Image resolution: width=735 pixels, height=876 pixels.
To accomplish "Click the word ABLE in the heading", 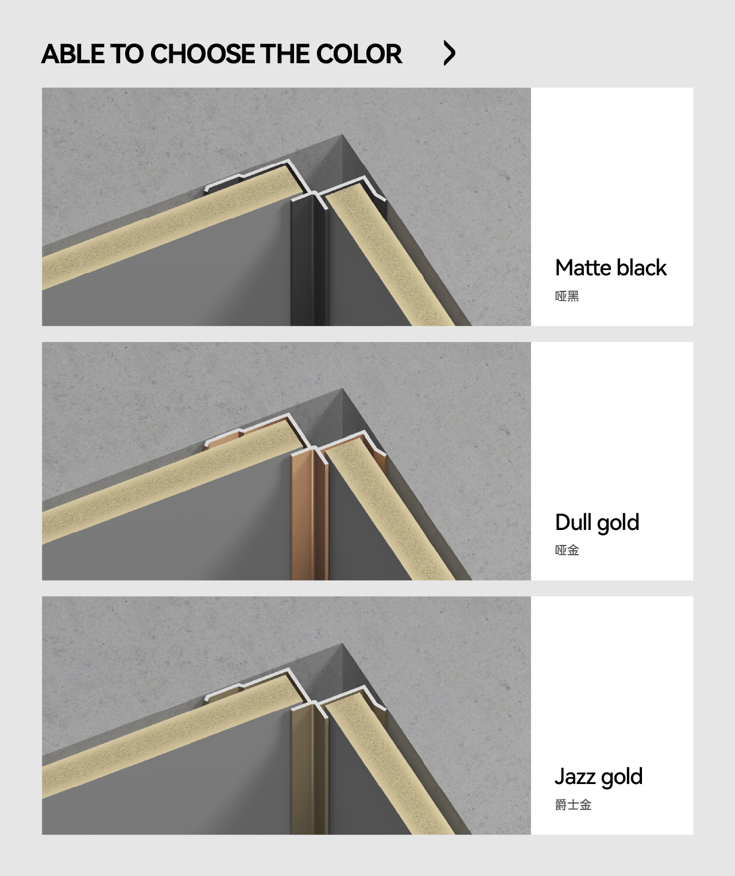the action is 73,53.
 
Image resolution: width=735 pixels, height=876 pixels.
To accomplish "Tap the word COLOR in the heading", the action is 359,53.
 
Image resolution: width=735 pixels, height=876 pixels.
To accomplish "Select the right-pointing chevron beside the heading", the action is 449,53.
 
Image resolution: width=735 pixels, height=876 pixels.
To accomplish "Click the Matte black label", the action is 610,268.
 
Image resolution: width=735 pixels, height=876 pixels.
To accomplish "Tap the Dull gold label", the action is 597,523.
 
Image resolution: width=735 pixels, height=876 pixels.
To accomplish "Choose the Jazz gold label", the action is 598,777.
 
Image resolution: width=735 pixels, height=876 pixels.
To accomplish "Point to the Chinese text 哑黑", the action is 567,296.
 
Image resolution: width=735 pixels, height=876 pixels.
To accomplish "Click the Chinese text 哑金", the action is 567,550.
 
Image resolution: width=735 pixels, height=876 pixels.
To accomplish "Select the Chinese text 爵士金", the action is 573,805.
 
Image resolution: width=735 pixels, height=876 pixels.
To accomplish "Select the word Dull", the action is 573,522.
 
